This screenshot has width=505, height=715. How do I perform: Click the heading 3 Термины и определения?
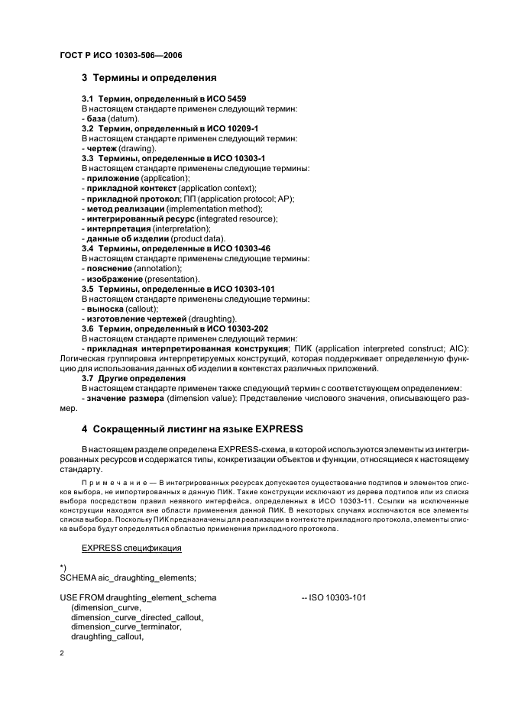[149, 78]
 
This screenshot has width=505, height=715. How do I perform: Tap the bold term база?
[95, 119]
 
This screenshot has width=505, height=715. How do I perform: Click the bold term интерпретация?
[117, 228]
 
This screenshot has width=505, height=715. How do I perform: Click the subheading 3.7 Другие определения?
[134, 378]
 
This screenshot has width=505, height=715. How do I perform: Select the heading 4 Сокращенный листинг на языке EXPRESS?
[193, 428]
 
